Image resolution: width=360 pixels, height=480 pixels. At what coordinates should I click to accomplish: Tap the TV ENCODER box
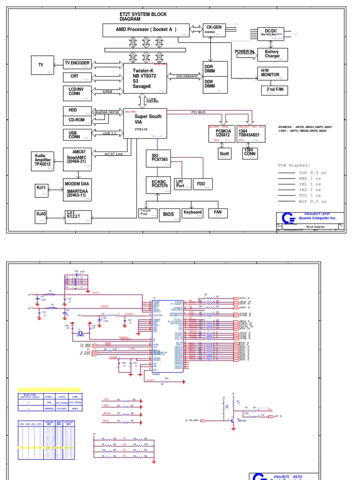click(77, 64)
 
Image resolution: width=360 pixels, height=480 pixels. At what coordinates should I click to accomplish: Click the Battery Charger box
click(272, 54)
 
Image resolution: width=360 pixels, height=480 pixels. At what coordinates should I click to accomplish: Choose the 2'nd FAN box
click(275, 90)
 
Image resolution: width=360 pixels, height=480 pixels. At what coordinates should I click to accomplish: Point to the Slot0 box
click(224, 154)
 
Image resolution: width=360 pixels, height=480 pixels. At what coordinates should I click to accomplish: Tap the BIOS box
click(169, 215)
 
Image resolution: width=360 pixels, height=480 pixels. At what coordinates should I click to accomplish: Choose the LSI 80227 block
click(78, 215)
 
